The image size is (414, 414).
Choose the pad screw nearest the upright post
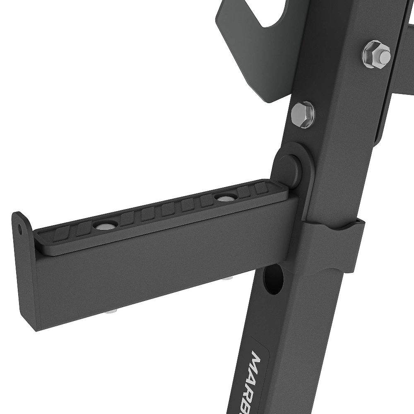pos(225,198)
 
